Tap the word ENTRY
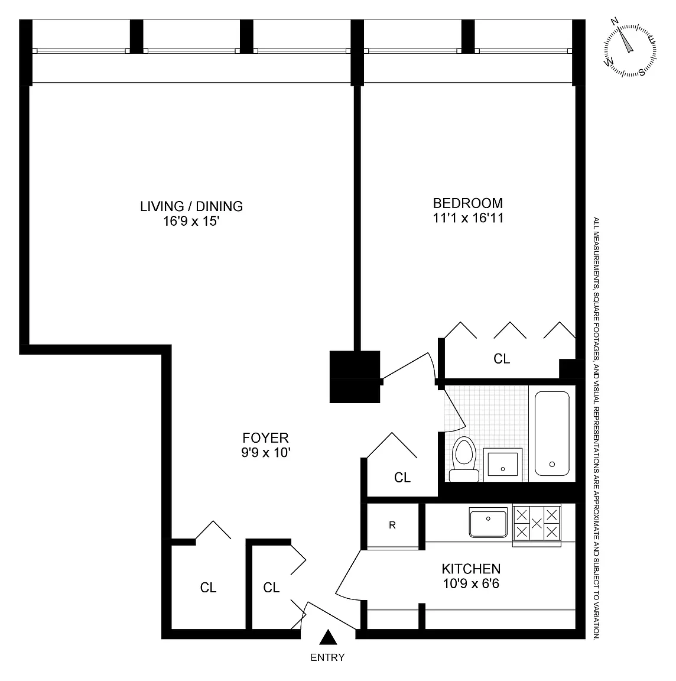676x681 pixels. pos(327,657)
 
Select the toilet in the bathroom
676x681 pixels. pos(464,459)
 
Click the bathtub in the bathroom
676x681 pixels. pos(552,433)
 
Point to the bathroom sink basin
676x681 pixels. pos(503,464)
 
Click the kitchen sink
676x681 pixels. pos(489,523)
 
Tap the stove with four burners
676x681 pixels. pos(537,524)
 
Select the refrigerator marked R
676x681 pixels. pos(392,526)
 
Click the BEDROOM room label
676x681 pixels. pos(467,203)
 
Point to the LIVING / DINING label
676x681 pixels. pos(191,206)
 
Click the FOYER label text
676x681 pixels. pos(265,437)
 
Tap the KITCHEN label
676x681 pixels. pos(471,569)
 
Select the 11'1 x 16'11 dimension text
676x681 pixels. pos(468,218)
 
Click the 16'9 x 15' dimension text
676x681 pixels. pos(191,221)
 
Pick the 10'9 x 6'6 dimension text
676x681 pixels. pos(471,583)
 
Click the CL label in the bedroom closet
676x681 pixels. pos(502,359)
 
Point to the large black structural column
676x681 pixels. pos(355,377)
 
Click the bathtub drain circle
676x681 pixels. pos(552,464)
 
